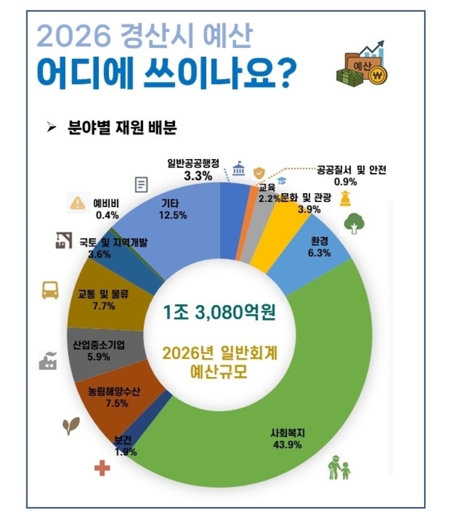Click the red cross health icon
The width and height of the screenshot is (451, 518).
(x=102, y=469)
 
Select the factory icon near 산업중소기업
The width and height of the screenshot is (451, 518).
(x=47, y=360)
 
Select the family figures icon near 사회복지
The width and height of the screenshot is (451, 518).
(x=338, y=467)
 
